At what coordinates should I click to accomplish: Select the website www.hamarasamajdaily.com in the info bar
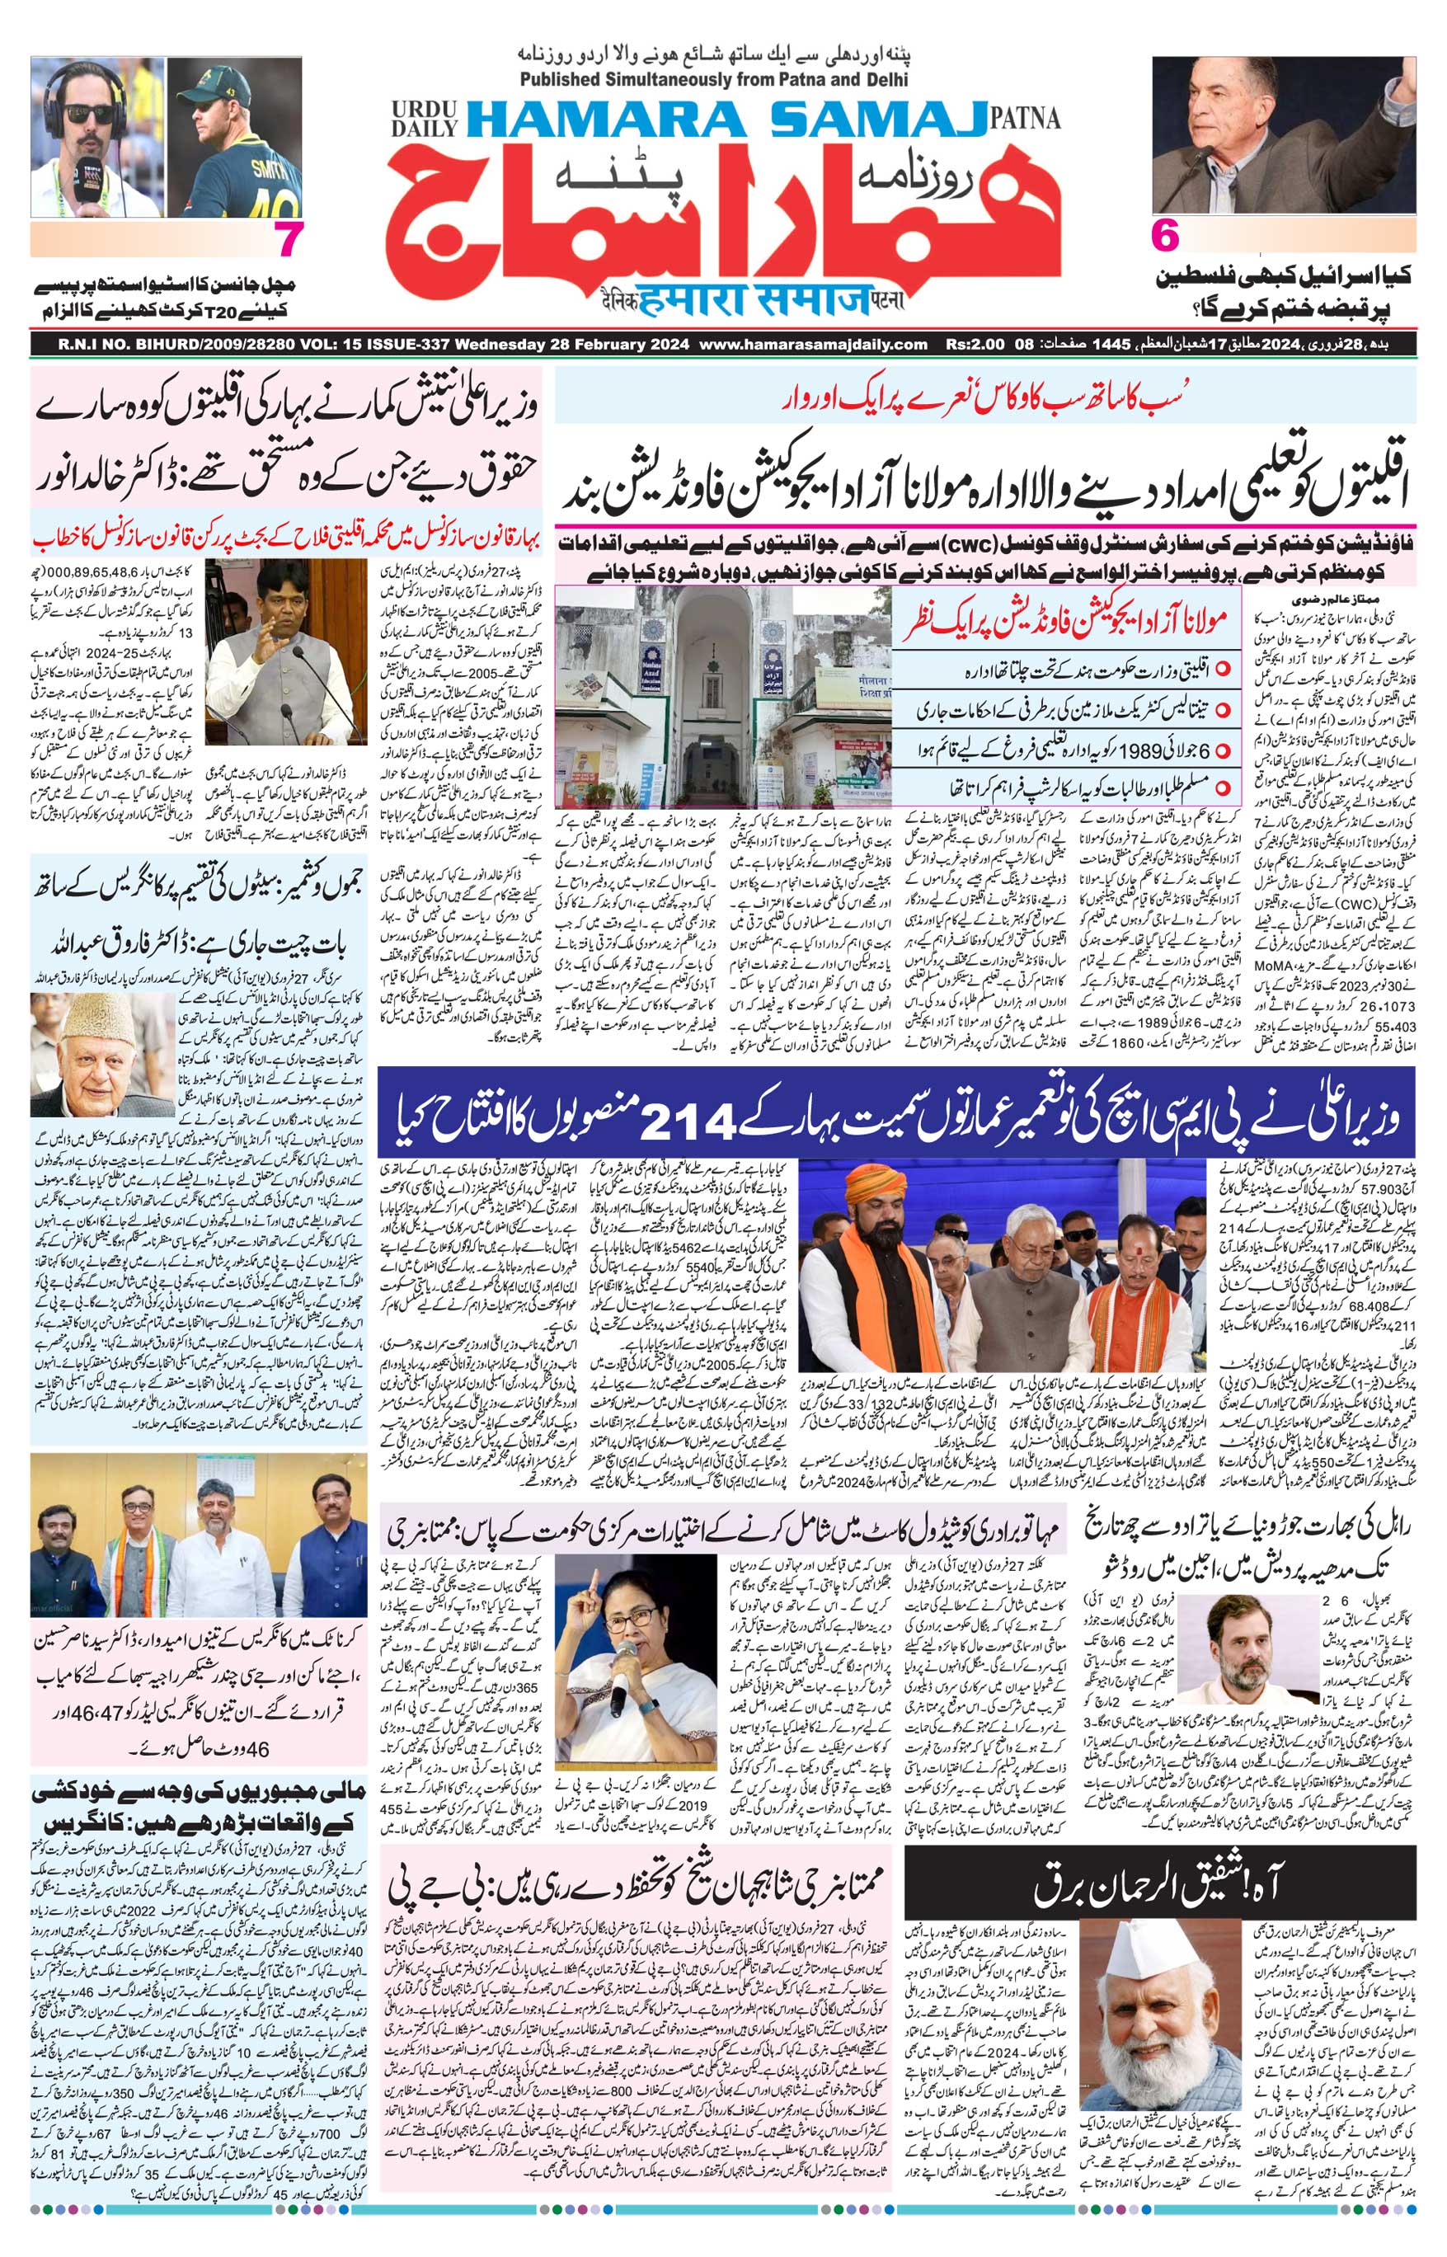(x=813, y=345)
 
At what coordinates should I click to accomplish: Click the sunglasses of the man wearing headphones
(x=90, y=113)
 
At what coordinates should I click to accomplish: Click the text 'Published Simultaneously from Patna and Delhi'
(x=713, y=80)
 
